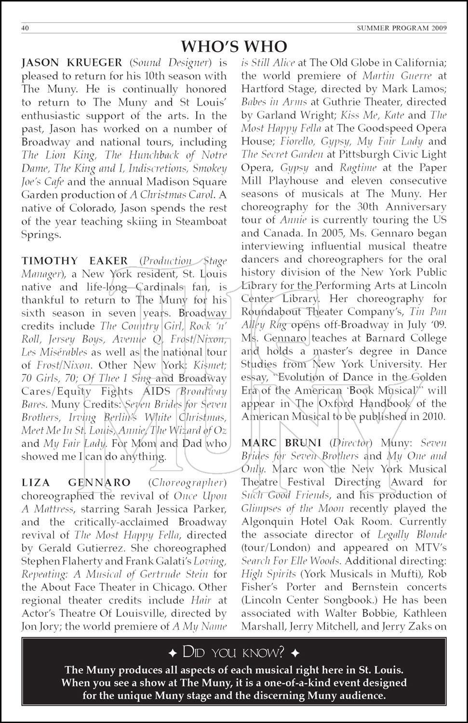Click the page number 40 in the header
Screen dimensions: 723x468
26,28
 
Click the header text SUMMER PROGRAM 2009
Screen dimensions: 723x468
401,28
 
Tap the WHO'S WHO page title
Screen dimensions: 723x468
234,46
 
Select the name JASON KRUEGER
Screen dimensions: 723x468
72,63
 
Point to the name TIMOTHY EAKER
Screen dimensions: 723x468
75,261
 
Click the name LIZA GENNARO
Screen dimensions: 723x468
76,482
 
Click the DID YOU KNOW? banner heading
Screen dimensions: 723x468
234,653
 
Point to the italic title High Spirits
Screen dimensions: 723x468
268,574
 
